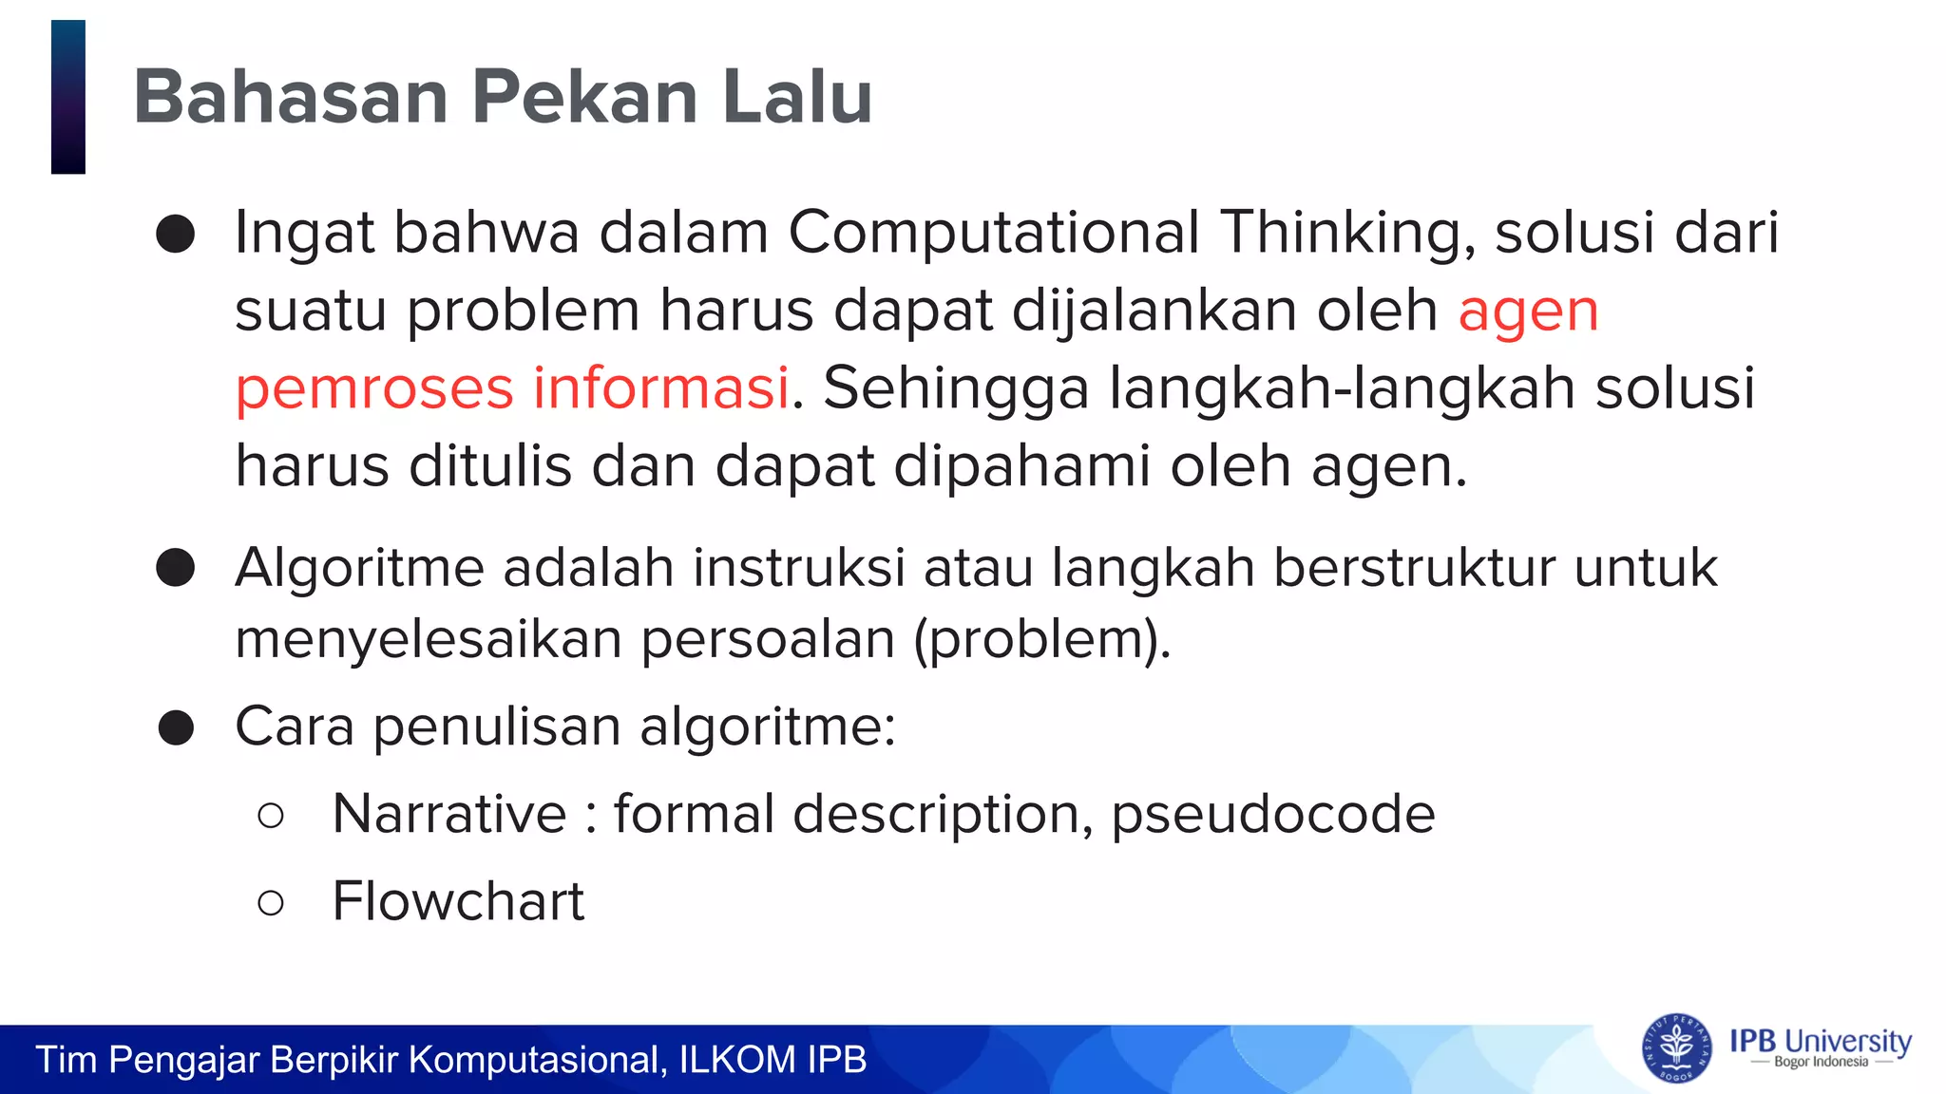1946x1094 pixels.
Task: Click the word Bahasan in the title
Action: pos(291,97)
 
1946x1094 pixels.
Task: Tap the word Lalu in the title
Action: pos(796,97)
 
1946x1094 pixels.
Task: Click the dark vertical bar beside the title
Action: pos(68,97)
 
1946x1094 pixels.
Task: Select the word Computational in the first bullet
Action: pos(994,233)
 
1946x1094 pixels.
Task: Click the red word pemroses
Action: pos(372,388)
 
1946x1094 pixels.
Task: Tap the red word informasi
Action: pos(660,388)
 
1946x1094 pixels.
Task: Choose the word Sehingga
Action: pos(956,388)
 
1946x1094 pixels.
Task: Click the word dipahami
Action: pos(1021,467)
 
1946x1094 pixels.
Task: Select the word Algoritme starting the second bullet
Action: pos(359,569)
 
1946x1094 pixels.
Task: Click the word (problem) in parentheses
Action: pos(1041,639)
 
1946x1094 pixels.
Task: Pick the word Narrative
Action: pos(449,815)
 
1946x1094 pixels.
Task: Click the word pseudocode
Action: pos(1273,815)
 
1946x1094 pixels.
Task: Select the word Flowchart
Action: pos(458,901)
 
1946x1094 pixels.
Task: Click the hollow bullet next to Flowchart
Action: pos(271,903)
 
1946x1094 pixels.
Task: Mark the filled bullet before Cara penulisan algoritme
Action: pos(176,728)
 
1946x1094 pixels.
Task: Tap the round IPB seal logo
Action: pos(1676,1048)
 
